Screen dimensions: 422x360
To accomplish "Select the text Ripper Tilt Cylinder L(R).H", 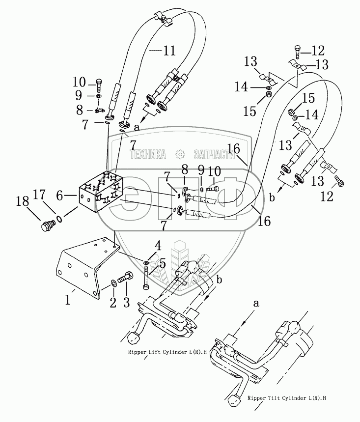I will point(287,398).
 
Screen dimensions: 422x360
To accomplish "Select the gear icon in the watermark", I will point(180,154).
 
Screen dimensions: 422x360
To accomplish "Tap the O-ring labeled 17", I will point(59,219).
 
